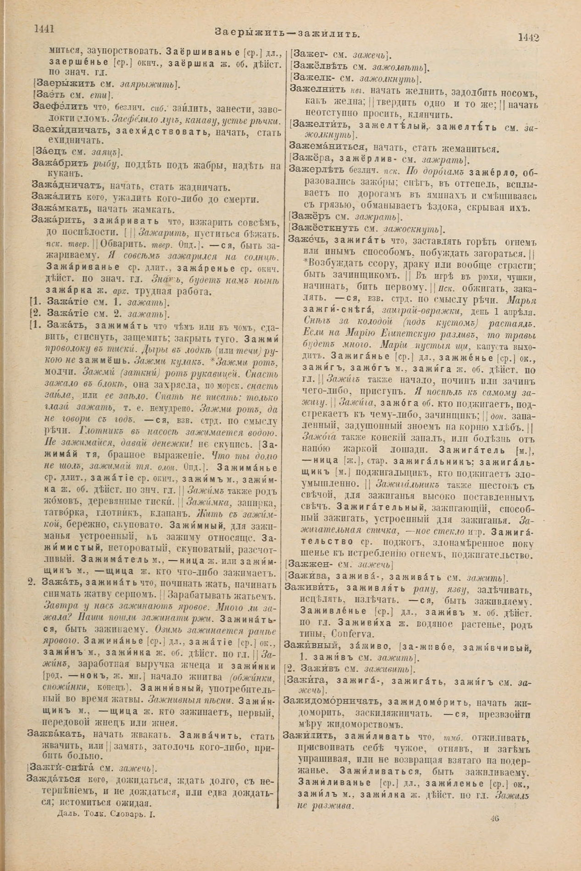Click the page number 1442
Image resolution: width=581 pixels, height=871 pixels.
pyautogui.click(x=528, y=38)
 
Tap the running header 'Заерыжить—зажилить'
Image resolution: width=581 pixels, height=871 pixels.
pyautogui.click(x=287, y=33)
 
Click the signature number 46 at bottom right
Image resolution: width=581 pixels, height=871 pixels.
pyautogui.click(x=494, y=817)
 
